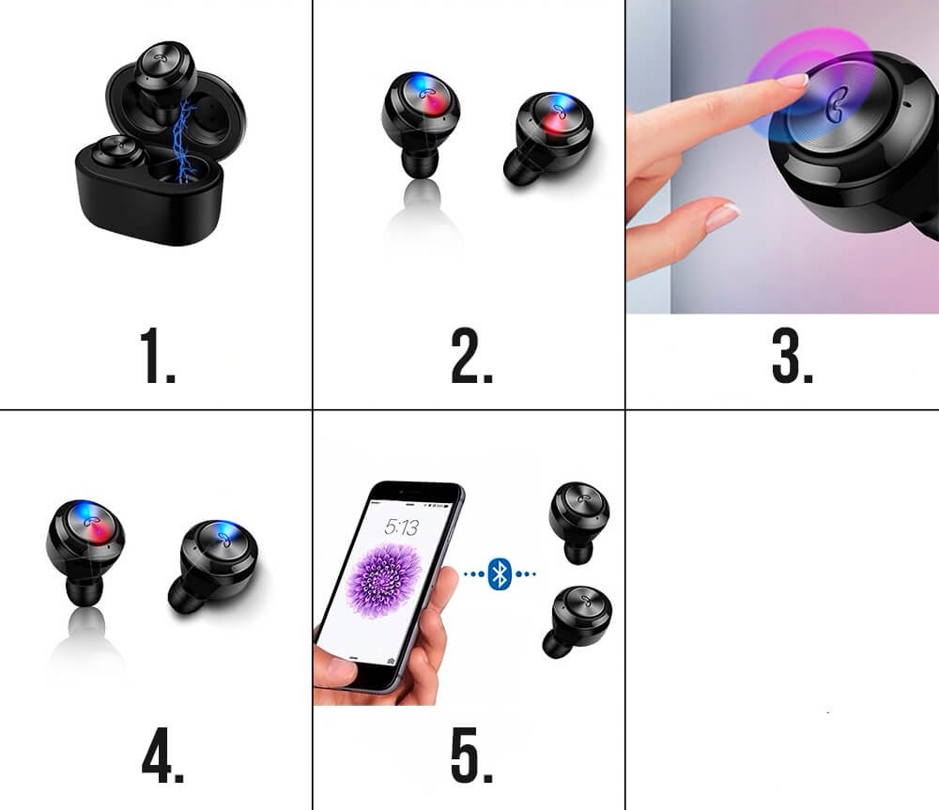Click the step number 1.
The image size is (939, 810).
[158, 356]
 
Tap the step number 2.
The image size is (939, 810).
[472, 356]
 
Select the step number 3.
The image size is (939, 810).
[793, 356]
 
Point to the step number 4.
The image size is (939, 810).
[162, 756]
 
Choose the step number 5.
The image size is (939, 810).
[472, 756]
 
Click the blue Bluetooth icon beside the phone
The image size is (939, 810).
[500, 574]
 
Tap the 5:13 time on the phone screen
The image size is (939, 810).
[402, 527]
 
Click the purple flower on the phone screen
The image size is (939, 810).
[384, 579]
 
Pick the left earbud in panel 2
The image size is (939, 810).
[421, 124]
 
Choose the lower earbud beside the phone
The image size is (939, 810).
[577, 621]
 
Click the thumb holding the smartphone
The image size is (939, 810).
[334, 674]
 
